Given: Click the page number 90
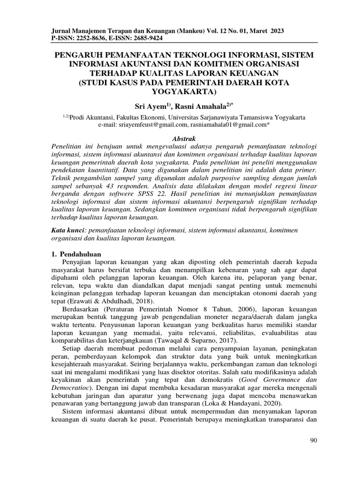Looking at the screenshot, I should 314,441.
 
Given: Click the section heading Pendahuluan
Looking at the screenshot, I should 75,253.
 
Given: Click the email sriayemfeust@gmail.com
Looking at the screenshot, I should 149,125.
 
